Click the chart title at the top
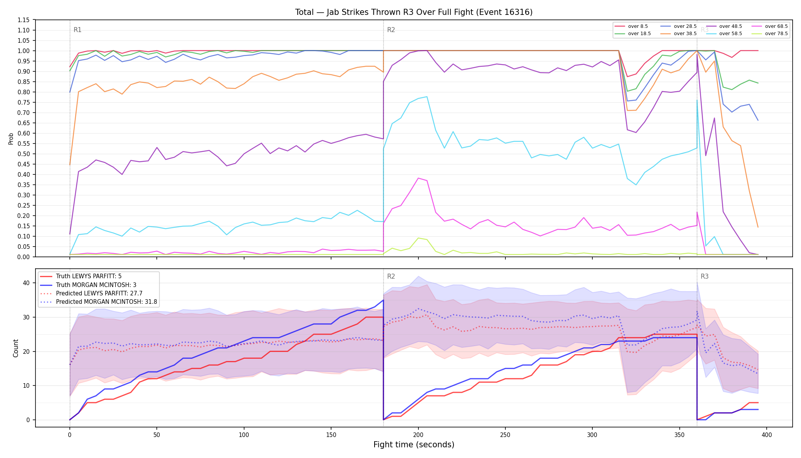414,12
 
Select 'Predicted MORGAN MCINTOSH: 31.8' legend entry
98,302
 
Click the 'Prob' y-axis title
11,139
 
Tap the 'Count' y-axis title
16,348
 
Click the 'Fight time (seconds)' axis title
414,445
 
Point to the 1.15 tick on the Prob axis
24,20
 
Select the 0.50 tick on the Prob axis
24,154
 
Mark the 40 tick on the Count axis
26,283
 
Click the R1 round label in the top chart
77,30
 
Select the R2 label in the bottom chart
391,276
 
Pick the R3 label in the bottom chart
704,276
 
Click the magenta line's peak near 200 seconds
418,178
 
